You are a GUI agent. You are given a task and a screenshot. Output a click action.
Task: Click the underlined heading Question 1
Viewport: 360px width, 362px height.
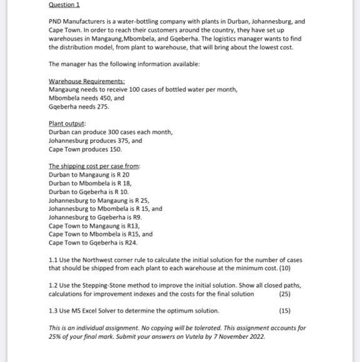(x=64, y=5)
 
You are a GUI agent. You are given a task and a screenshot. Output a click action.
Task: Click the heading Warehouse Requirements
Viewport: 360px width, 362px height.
(x=86, y=81)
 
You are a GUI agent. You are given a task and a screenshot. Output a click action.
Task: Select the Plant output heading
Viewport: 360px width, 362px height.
(x=67, y=124)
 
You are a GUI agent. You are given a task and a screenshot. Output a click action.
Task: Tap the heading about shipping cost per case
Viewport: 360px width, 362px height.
(x=94, y=166)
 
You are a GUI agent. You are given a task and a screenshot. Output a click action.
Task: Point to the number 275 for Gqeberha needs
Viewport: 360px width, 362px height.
(x=102, y=107)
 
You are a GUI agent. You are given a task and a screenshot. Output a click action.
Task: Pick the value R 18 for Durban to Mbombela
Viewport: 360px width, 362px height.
(x=123, y=183)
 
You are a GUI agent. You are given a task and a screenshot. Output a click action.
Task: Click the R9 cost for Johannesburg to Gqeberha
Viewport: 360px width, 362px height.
(x=138, y=217)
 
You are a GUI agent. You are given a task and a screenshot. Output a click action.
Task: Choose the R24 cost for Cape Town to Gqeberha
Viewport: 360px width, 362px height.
(x=130, y=243)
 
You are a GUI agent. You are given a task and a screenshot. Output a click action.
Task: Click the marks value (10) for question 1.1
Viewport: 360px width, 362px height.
(x=284, y=268)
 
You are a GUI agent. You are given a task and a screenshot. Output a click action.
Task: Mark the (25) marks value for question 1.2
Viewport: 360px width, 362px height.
(x=284, y=294)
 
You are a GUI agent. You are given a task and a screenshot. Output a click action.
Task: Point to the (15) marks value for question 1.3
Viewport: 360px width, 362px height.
(x=284, y=311)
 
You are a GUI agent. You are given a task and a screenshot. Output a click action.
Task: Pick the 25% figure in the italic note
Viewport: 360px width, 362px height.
(x=56, y=336)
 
